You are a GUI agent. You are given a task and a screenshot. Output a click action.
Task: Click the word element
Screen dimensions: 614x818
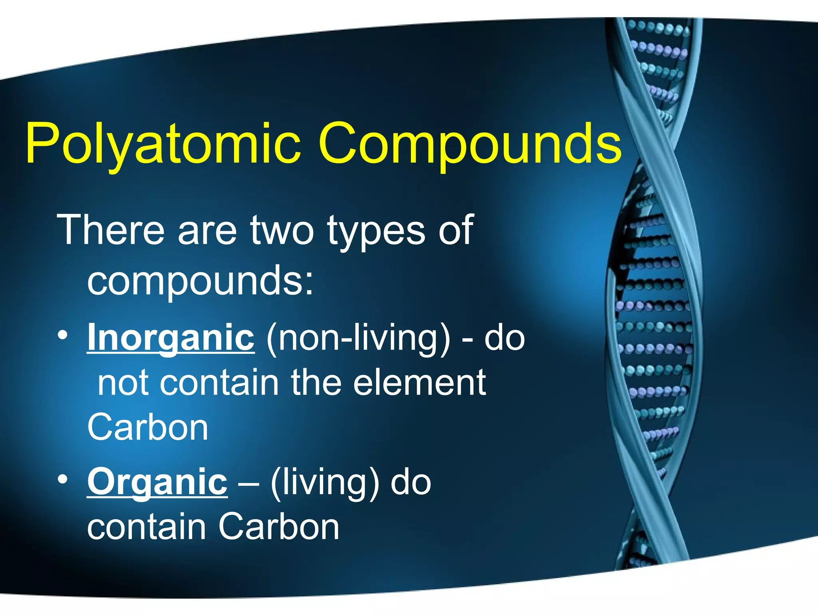point(419,383)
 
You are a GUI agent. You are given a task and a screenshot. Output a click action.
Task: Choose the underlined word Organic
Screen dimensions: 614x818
point(157,482)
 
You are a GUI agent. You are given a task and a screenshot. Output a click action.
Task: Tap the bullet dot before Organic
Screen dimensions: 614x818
point(62,479)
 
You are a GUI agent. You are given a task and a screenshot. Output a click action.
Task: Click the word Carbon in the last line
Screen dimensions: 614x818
point(279,527)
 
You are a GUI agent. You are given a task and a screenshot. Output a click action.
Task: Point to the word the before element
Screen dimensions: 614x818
point(316,383)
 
